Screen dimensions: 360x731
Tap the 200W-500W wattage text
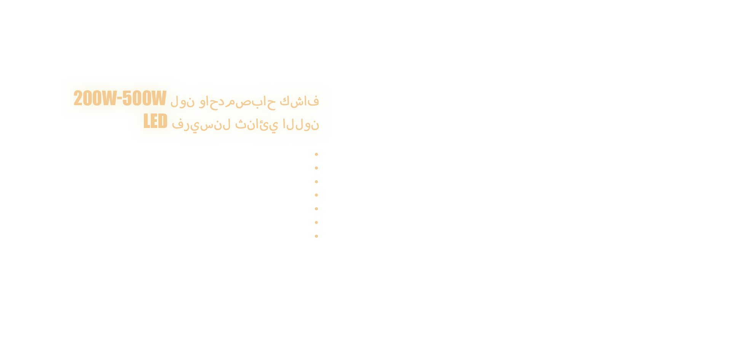coord(120,98)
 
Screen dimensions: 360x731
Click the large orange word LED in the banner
coord(155,122)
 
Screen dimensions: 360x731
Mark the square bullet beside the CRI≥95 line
coord(316,181)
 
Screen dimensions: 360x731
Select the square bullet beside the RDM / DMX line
coord(316,222)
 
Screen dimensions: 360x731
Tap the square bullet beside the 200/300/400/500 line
coord(316,154)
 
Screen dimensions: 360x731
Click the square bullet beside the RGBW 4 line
coord(316,168)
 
